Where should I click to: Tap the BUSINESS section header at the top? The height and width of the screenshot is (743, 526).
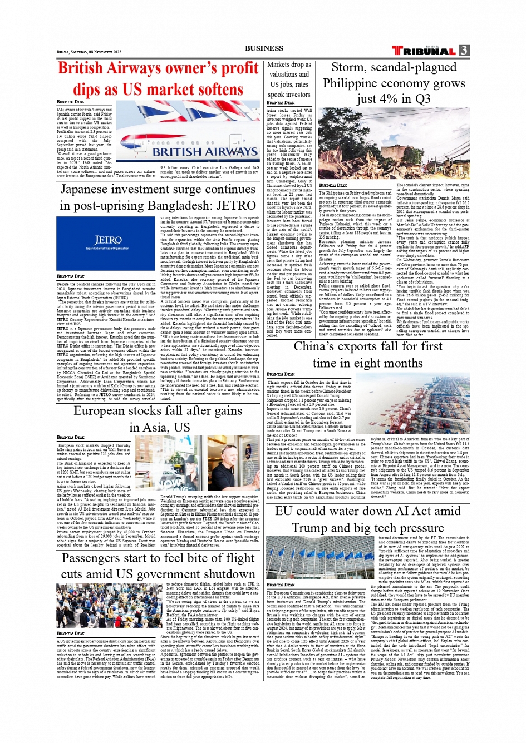pyautogui.click(x=263, y=48)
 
